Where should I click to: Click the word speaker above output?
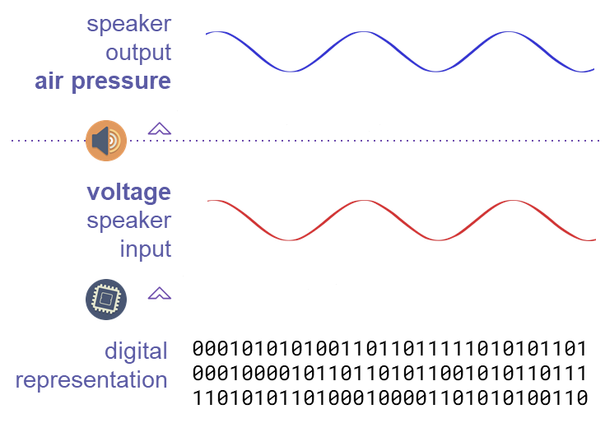[x=129, y=23]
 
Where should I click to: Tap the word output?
[x=138, y=52]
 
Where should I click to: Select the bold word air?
[x=54, y=81]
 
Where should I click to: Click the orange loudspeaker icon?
[x=106, y=141]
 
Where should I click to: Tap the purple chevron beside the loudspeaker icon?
[x=160, y=128]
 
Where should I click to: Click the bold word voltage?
[x=129, y=192]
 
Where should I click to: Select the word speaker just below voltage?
[x=129, y=221]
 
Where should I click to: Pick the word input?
[x=146, y=249]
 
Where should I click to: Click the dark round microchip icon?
[x=105, y=300]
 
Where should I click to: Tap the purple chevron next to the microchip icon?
[x=160, y=293]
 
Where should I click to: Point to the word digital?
[x=136, y=351]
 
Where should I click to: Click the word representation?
[x=91, y=380]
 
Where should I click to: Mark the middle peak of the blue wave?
[x=361, y=32]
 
